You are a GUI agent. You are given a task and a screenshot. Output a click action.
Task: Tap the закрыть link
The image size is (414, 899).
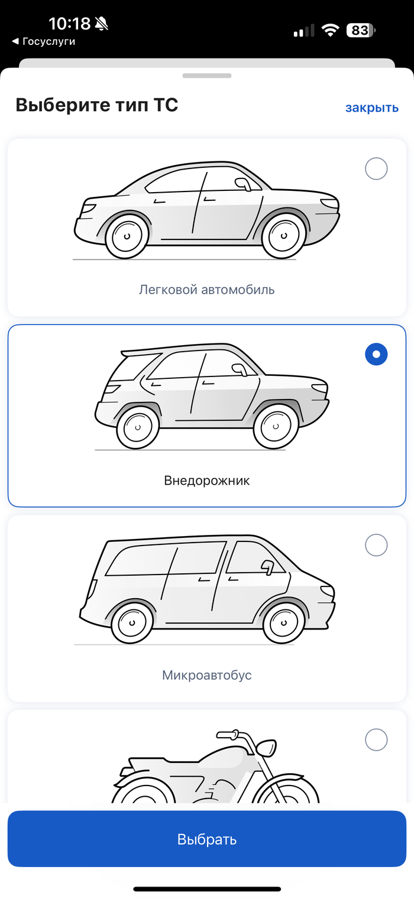click(x=372, y=108)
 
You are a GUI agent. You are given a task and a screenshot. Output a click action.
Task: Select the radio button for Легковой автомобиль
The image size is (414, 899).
click(x=376, y=168)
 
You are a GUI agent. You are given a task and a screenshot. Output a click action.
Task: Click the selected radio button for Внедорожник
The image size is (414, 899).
click(x=376, y=355)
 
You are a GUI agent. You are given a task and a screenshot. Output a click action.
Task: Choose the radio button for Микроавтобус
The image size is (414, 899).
click(x=376, y=545)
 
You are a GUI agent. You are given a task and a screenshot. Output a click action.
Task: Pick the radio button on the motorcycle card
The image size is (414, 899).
click(x=376, y=739)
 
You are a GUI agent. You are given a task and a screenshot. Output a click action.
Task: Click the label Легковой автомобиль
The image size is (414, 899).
click(x=207, y=290)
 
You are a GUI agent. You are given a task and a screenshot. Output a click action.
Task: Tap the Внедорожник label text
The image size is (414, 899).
click(x=207, y=481)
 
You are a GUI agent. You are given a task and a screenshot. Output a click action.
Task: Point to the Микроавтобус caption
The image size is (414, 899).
click(x=207, y=675)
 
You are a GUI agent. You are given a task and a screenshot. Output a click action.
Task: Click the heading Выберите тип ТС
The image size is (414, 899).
click(x=97, y=105)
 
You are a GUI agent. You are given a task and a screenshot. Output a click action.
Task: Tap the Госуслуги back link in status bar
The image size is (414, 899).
click(x=44, y=41)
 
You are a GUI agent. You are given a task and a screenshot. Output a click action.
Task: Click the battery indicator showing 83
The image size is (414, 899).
click(x=361, y=31)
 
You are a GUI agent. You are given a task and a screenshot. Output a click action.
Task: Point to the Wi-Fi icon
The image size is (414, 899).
click(x=330, y=31)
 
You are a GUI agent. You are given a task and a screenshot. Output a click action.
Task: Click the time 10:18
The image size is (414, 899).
click(x=70, y=24)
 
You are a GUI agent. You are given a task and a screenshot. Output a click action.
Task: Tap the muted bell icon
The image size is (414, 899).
click(x=102, y=24)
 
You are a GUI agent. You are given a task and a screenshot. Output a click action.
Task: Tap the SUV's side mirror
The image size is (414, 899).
click(x=240, y=369)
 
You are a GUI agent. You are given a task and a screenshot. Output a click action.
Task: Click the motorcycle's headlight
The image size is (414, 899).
click(x=266, y=747)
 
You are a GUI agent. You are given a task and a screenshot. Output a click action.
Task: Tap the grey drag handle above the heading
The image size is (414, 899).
click(x=207, y=76)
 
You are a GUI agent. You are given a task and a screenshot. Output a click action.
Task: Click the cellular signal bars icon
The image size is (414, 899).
click(x=304, y=31)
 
